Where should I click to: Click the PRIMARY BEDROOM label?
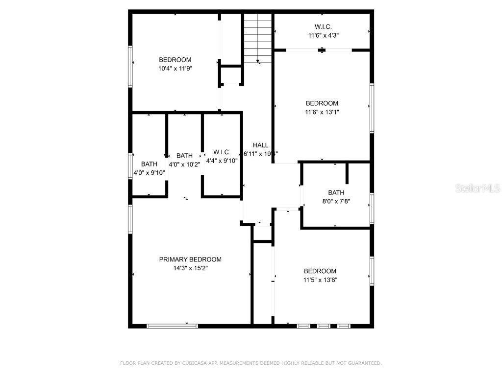190,259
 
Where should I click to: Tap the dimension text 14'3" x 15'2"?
190,268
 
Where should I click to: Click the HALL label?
260,145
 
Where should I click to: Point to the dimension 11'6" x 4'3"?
324,35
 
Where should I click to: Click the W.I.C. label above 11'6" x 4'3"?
324,26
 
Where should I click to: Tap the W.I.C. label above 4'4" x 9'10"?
222,152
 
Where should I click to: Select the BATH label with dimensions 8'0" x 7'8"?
336,192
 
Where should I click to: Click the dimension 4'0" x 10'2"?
184,164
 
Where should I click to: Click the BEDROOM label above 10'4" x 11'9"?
175,60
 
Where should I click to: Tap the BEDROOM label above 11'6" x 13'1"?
322,103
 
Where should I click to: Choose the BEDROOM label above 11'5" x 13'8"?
320,271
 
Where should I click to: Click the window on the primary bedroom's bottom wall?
172,326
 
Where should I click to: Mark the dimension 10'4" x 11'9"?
175,69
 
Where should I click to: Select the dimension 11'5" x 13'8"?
320,280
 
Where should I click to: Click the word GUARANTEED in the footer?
363,363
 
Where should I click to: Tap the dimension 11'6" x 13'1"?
322,112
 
